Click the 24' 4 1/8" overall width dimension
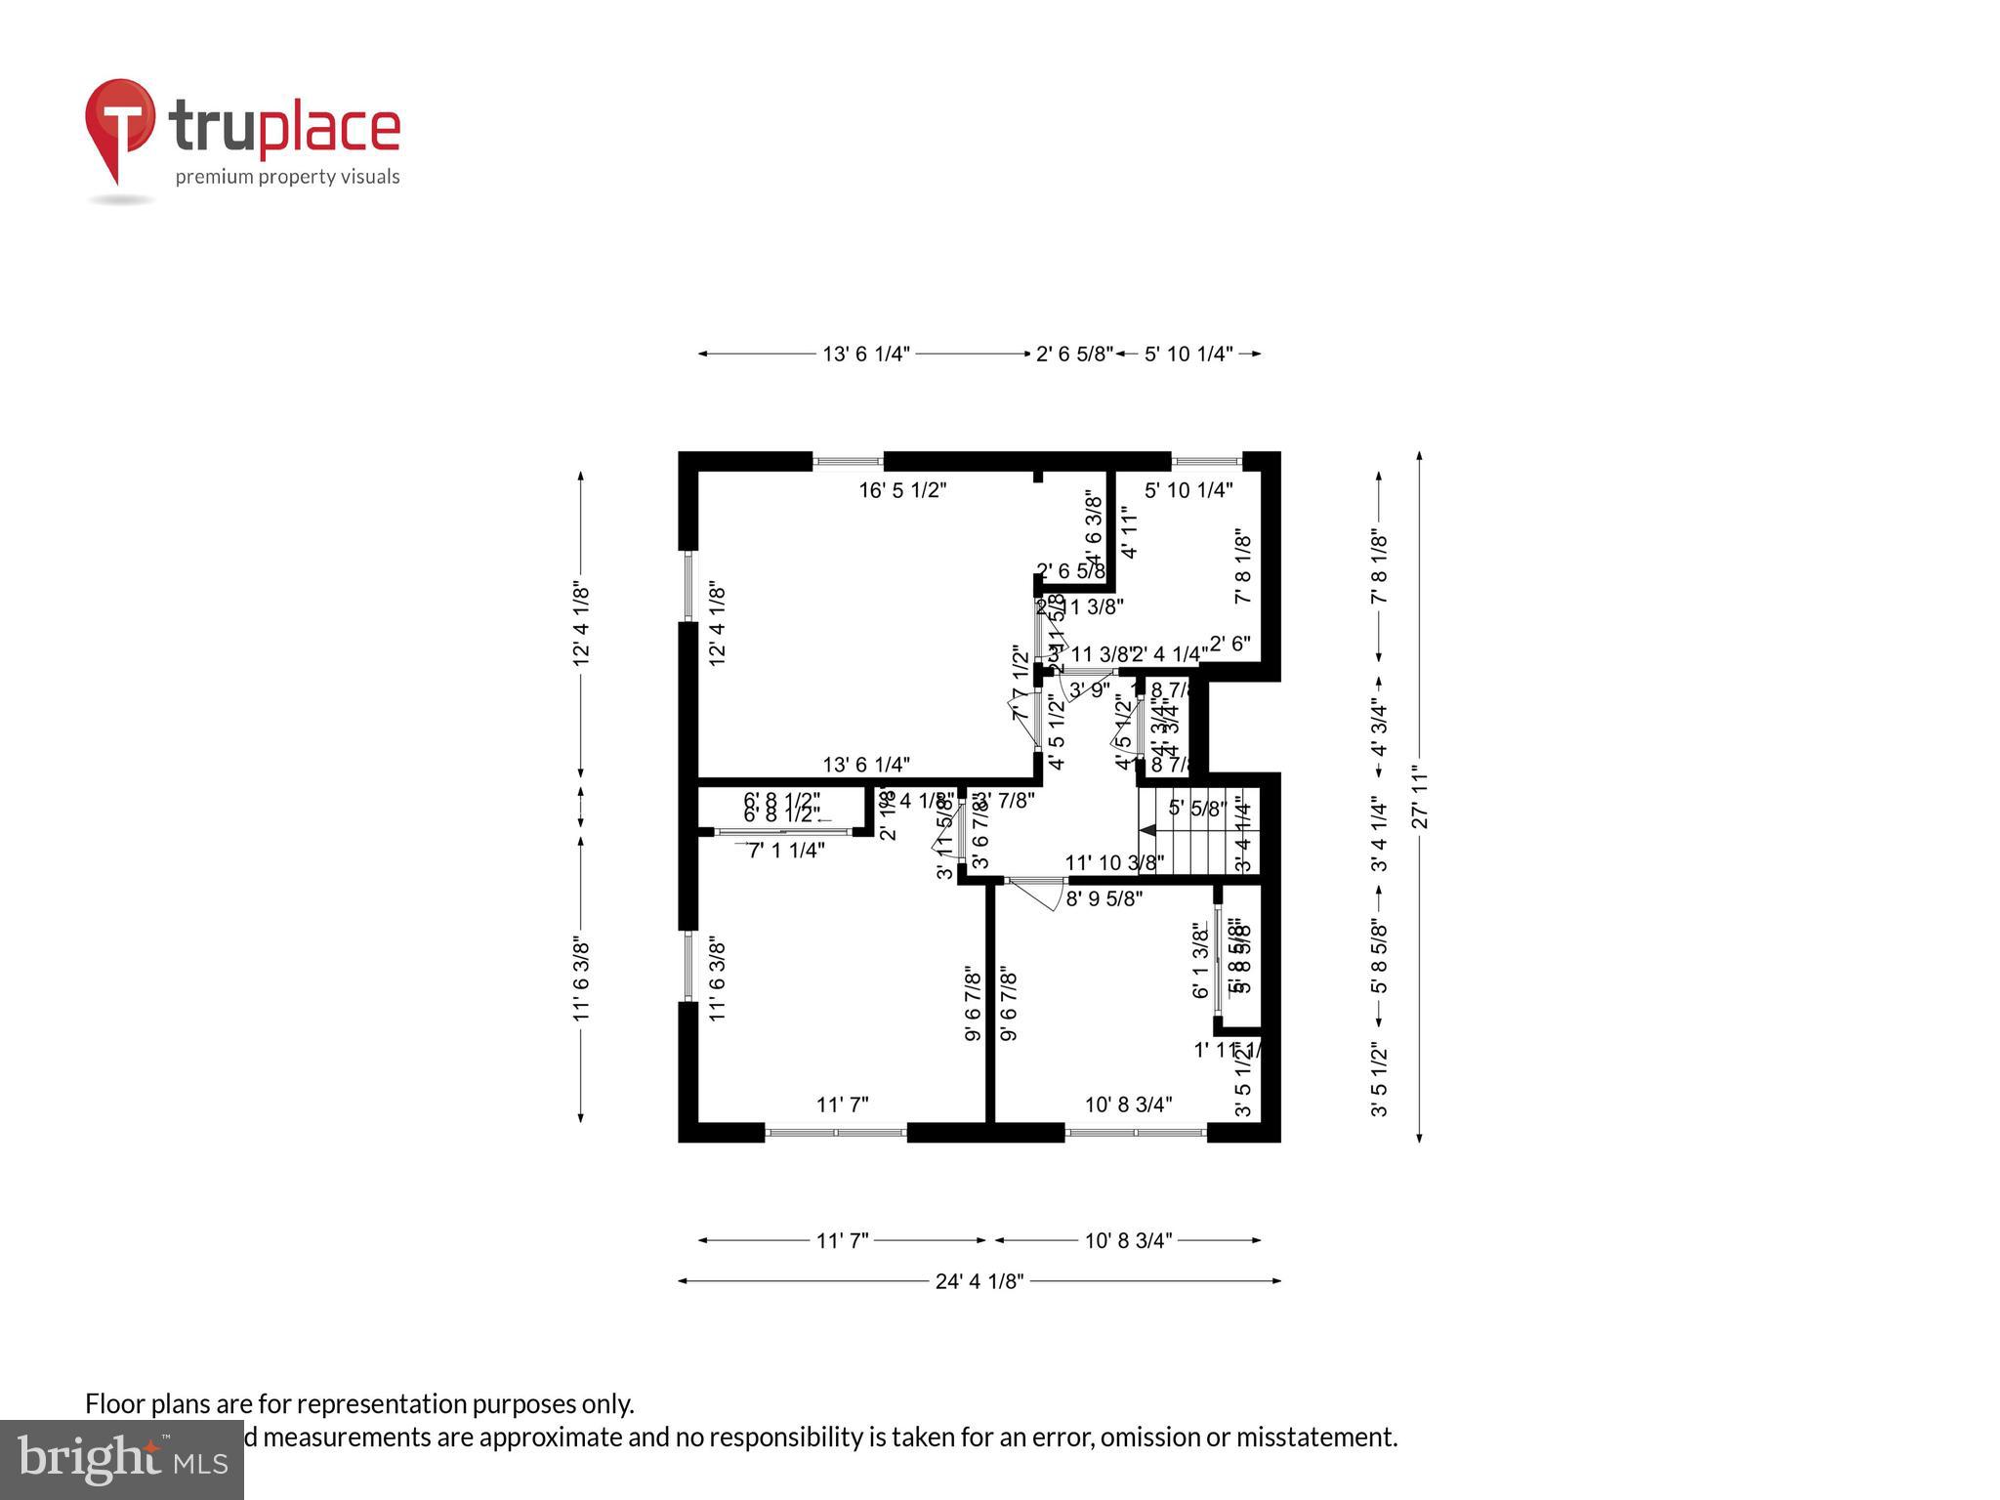tap(979, 1281)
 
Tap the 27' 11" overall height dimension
tap(1420, 796)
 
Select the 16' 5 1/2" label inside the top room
tap(902, 490)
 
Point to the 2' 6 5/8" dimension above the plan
tap(1073, 354)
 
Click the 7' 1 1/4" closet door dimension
tap(786, 851)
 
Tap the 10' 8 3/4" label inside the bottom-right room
tap(1128, 1104)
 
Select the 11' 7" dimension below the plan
tap(842, 1240)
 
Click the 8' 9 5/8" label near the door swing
tap(1104, 898)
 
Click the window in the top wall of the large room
tap(848, 461)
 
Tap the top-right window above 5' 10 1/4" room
tap(1206, 461)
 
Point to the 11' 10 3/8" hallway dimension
tap(1113, 863)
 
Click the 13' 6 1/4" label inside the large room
tap(866, 765)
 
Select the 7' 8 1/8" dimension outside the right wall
tap(1379, 567)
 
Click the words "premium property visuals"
tap(287, 177)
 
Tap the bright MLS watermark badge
tap(121, 1460)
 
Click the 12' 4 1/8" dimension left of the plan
tap(581, 625)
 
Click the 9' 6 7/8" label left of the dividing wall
tap(973, 1005)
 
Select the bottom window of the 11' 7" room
tap(836, 1133)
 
